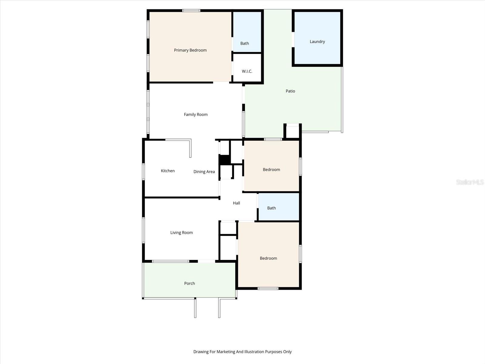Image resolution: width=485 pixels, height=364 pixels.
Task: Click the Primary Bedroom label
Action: coord(190,50)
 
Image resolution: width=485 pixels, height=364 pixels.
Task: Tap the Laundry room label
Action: coord(317,42)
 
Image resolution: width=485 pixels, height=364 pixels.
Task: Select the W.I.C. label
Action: coord(247,71)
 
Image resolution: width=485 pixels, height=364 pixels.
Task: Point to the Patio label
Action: coord(290,91)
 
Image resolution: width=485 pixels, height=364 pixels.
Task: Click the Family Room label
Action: coord(196,115)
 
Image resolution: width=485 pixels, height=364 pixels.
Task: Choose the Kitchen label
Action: coord(168,171)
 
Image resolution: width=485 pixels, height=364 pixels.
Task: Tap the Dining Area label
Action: coord(204,172)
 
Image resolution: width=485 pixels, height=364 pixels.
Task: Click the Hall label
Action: coord(236,203)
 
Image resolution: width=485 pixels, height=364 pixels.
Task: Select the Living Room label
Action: coord(181,233)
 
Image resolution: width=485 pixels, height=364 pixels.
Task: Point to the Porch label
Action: coord(189,283)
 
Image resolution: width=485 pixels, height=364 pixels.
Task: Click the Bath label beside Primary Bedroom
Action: coord(245,43)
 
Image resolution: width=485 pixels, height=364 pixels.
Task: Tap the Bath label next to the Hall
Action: coord(271,208)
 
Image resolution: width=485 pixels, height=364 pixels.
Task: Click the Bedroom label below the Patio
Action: coord(271,170)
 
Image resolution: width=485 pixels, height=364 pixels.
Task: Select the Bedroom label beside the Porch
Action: coord(268,258)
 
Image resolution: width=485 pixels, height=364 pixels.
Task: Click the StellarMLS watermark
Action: coord(470,182)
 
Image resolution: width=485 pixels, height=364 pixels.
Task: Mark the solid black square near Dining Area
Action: coord(224,160)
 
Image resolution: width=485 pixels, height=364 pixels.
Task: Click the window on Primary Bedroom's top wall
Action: coord(191,11)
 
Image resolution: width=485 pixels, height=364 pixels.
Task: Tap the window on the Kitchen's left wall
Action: coord(143,172)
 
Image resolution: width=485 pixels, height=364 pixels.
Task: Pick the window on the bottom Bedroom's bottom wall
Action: coord(268,288)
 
